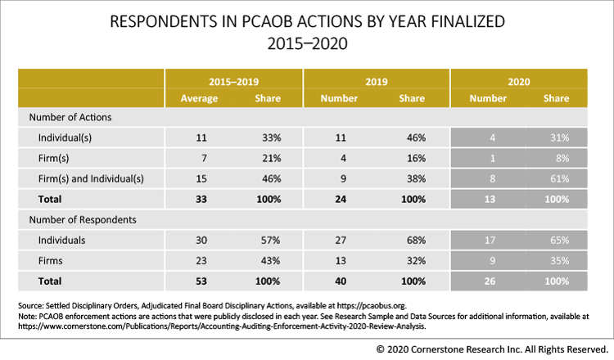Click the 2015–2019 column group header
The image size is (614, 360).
click(233, 81)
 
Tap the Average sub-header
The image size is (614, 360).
click(200, 98)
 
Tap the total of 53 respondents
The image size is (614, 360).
click(200, 281)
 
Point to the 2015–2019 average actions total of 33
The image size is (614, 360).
click(200, 199)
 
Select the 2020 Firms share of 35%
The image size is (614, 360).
click(560, 261)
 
